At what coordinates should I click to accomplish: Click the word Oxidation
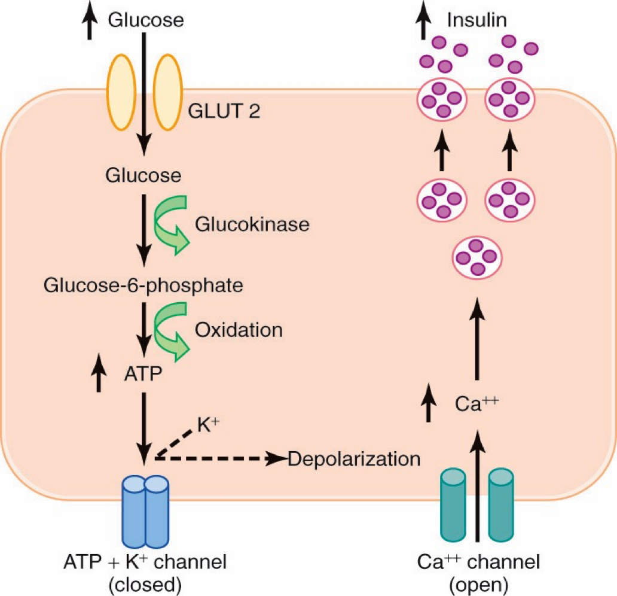point(238,330)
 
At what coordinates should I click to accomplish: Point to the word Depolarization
point(354,460)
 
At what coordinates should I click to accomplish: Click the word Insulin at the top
point(477,20)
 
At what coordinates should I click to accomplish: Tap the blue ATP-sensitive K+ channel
point(146,507)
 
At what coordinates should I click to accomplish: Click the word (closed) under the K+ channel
point(145,582)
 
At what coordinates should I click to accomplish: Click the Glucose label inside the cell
point(143,176)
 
